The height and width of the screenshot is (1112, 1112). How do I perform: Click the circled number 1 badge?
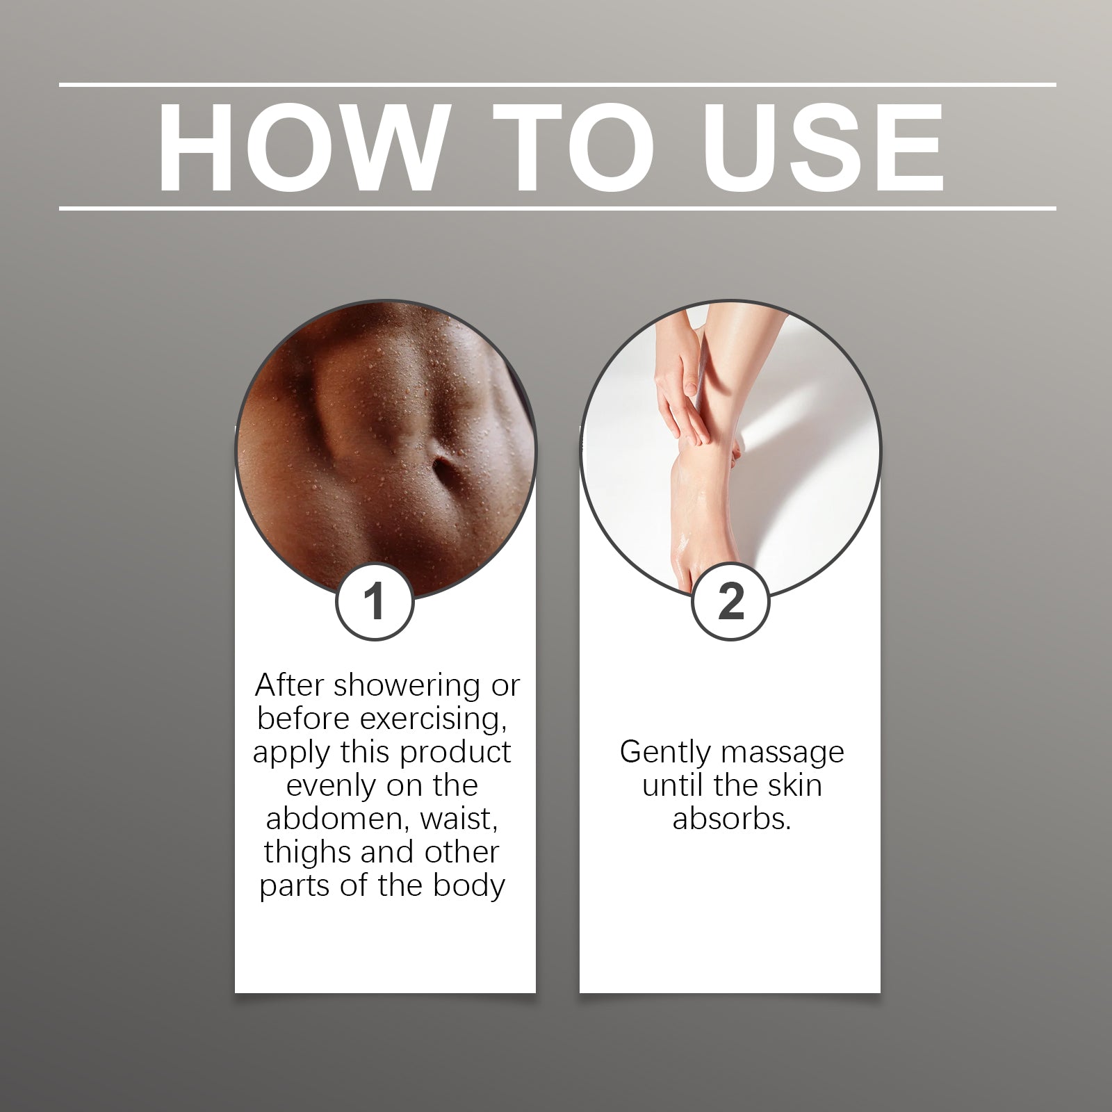tap(375, 601)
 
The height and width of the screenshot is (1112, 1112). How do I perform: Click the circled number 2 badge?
tap(730, 601)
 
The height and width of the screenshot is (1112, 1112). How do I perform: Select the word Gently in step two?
tap(665, 753)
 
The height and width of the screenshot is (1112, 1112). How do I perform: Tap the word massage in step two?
tap(782, 753)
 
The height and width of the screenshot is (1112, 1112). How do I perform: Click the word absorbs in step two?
tap(732, 819)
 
